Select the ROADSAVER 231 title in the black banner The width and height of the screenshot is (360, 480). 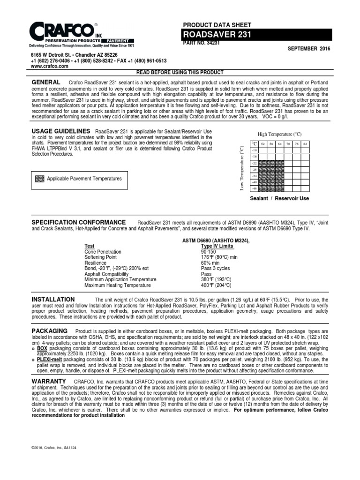tap(210, 34)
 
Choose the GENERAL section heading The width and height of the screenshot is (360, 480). tap(46, 82)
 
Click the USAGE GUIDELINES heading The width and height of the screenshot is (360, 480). tap(60, 131)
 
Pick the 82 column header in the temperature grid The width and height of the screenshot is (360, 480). tap(305, 143)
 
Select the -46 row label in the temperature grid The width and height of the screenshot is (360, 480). tap(255, 188)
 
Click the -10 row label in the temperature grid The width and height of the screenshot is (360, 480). tap(255, 150)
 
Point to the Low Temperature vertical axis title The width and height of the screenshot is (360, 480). tap(242, 168)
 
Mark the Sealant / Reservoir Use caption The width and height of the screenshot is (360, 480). tap(279, 199)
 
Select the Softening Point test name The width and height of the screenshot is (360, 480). tap(101, 257)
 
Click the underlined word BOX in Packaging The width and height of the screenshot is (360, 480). tap(42, 349)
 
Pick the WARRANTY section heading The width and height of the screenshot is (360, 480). tap(49, 382)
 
